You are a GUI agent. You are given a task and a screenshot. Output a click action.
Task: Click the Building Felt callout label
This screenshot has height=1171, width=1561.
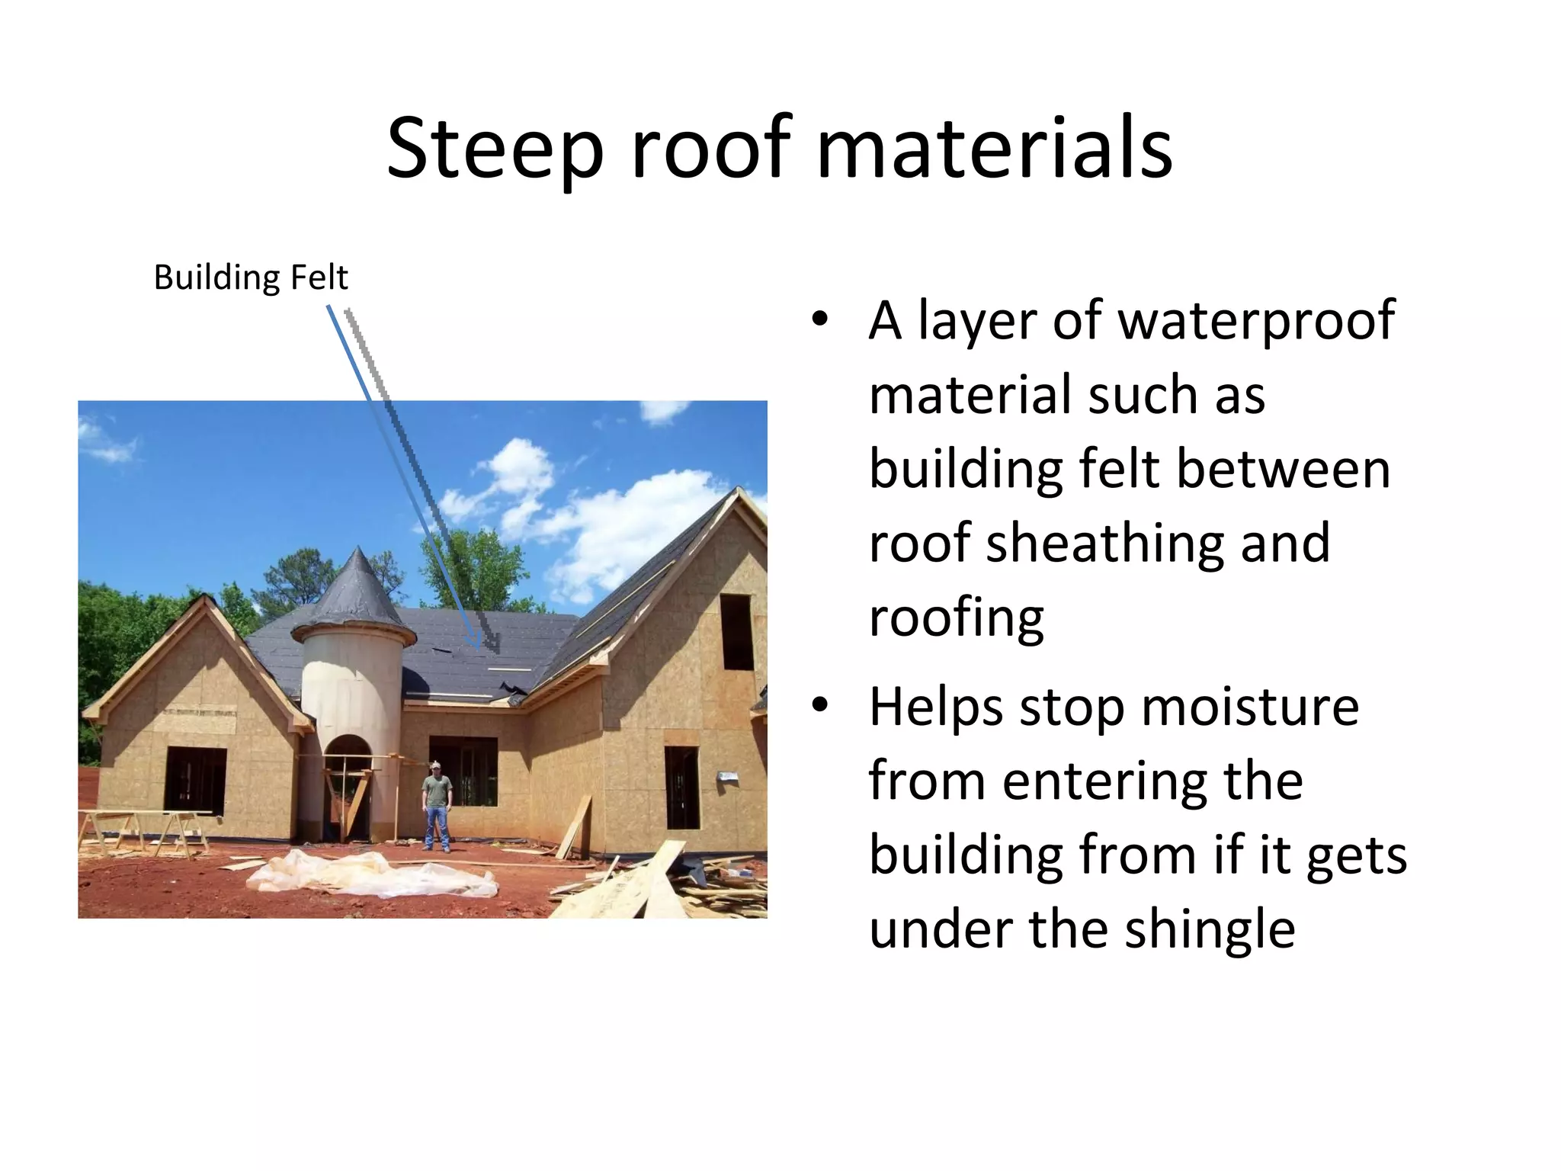pyautogui.click(x=251, y=278)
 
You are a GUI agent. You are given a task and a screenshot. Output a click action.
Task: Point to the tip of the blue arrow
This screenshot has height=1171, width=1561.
pyautogui.click(x=479, y=648)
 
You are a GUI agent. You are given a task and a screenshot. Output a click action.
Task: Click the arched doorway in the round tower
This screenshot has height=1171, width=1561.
pyautogui.click(x=346, y=785)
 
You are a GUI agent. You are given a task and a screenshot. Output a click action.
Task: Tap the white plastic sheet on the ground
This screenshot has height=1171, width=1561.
pyautogui.click(x=373, y=874)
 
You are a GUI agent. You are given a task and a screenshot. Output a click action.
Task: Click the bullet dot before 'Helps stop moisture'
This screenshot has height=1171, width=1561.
pyautogui.click(x=819, y=706)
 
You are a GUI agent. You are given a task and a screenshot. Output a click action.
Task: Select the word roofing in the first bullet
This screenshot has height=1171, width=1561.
pyautogui.click(x=956, y=618)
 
